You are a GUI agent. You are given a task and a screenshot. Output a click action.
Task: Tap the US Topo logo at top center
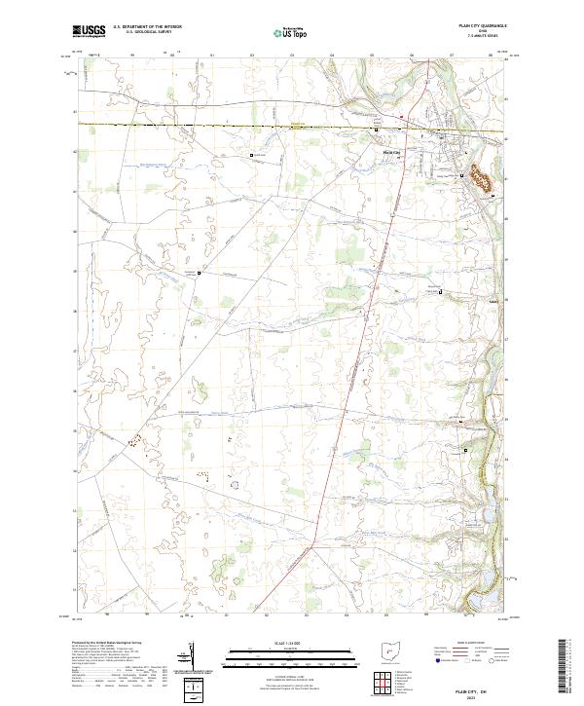[x=284, y=32]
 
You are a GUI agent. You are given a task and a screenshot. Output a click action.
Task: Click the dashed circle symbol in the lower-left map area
[x=234, y=483]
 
